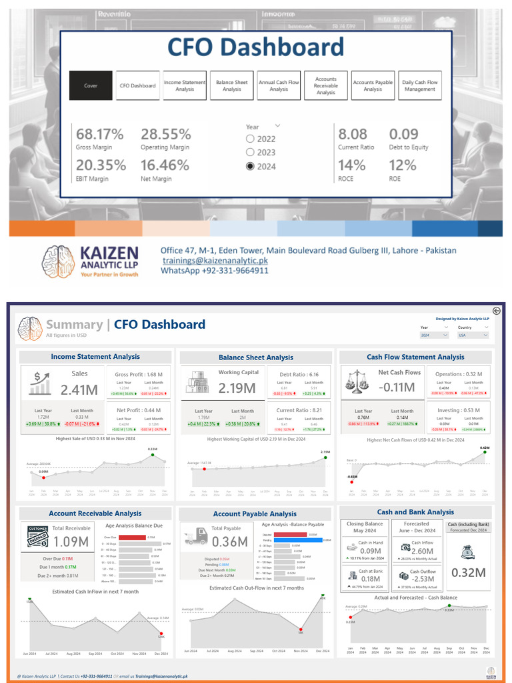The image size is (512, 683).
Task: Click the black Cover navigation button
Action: (x=91, y=85)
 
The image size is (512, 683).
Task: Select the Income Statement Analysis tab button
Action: (x=185, y=85)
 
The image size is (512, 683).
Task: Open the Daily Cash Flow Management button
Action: (x=419, y=85)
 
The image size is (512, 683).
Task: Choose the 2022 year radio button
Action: (x=251, y=139)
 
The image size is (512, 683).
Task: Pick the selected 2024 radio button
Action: (x=251, y=166)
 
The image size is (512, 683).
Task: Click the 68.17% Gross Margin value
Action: (x=100, y=134)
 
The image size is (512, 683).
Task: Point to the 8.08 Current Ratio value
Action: (x=353, y=134)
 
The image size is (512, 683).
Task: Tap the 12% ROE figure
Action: (x=401, y=165)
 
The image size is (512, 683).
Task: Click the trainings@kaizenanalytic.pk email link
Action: (x=214, y=261)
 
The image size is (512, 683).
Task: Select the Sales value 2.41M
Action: (x=79, y=389)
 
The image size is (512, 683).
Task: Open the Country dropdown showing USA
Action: (x=474, y=335)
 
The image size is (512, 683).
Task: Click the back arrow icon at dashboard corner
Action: (x=496, y=310)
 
